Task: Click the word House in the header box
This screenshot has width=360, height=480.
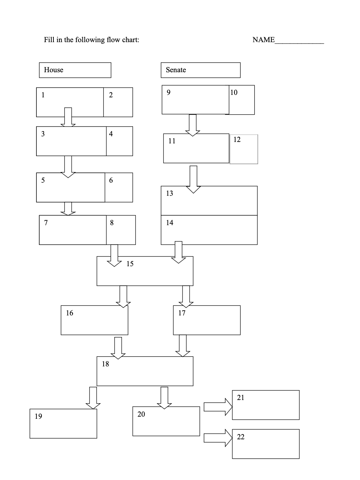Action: [x=53, y=70]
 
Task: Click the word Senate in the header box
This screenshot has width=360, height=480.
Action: [x=176, y=70]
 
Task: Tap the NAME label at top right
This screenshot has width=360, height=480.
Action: [x=263, y=40]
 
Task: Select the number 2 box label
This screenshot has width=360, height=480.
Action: [x=111, y=95]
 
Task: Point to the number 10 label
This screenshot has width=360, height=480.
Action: [x=234, y=92]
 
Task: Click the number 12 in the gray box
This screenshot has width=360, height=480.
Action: [x=237, y=139]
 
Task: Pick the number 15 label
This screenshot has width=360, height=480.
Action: [x=130, y=264]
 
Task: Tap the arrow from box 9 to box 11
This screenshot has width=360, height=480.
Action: [x=192, y=125]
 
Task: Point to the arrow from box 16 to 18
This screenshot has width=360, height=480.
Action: [x=118, y=348]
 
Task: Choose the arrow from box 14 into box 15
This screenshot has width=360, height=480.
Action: [x=179, y=252]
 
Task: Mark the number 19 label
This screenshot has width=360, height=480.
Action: [x=38, y=416]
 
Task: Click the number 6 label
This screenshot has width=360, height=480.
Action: [x=111, y=180]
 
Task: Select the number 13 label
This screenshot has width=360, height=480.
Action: [x=169, y=193]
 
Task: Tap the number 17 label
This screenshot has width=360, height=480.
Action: [x=182, y=313]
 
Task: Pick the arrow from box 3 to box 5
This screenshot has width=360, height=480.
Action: [x=68, y=166]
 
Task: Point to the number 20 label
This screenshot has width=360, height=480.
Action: [x=141, y=414]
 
